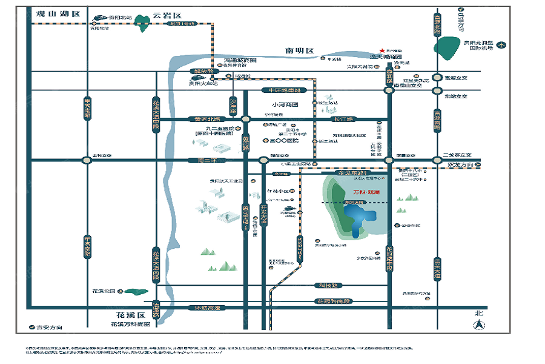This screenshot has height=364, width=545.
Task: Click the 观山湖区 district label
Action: pyautogui.click(x=58, y=13)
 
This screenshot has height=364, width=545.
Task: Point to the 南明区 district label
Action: pyautogui.click(x=300, y=50)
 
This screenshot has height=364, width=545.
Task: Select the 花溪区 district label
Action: pyautogui.click(x=131, y=316)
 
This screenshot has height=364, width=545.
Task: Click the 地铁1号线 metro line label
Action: pyautogui.click(x=183, y=24)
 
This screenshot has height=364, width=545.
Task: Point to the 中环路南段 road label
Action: pyautogui.click(x=285, y=90)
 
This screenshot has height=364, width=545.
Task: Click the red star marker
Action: pyautogui.click(x=381, y=51)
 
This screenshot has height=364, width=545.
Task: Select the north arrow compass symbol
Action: pyautogui.click(x=478, y=325)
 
